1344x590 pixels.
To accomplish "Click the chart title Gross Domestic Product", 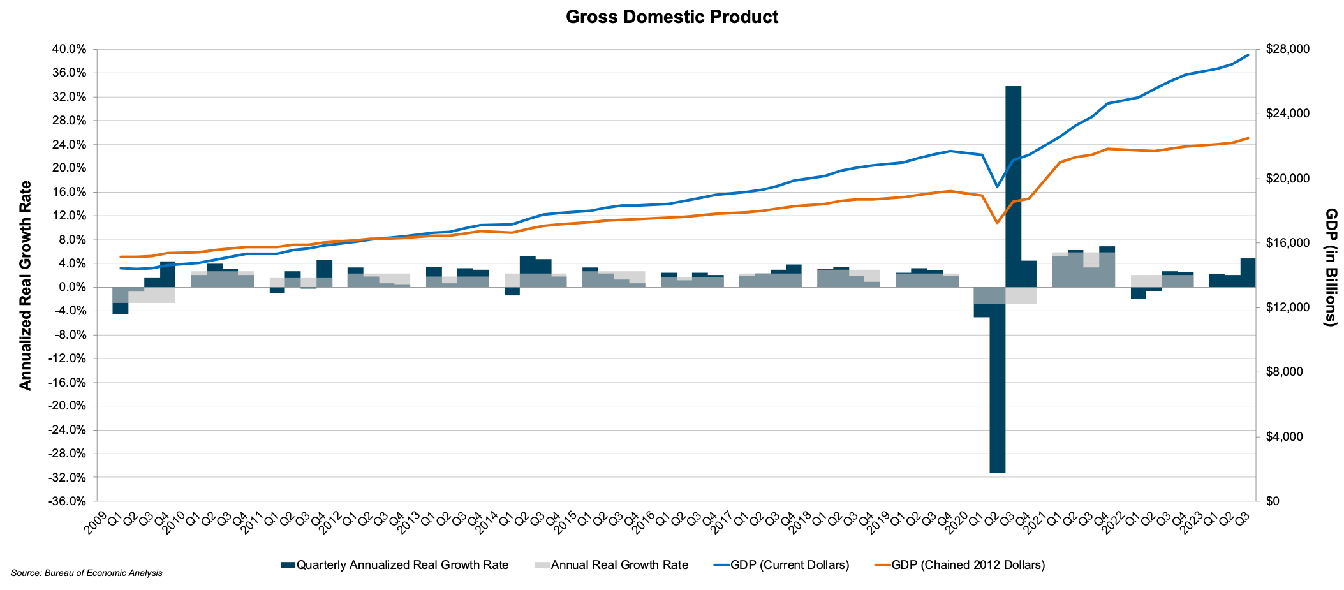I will (x=672, y=17).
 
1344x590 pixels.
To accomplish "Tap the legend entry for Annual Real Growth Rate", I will (x=611, y=564).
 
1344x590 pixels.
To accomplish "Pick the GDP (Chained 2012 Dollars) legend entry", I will (x=959, y=564).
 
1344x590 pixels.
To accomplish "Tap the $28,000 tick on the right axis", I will (x=1286, y=49).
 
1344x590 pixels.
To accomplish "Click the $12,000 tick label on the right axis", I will (x=1286, y=307).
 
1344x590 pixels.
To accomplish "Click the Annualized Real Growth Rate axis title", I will (x=25, y=285).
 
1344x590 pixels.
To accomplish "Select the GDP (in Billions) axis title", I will (x=1331, y=267).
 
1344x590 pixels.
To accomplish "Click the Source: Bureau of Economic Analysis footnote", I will (x=87, y=573).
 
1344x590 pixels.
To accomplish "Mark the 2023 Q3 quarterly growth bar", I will (x=1248, y=272).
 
